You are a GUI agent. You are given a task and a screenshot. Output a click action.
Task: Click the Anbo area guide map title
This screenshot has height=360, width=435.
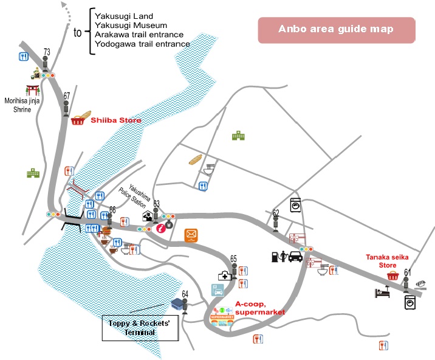click(336, 29)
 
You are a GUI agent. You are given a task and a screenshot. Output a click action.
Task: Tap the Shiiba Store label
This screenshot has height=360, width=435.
click(116, 120)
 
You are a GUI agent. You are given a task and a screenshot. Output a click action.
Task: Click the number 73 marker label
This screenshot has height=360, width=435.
click(47, 52)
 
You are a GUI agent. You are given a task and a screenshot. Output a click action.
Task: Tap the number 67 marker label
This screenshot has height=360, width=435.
click(67, 95)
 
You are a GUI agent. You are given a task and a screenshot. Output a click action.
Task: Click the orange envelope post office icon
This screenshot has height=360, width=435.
click(192, 234)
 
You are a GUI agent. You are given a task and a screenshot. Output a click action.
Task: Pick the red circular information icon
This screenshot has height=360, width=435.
click(160, 229)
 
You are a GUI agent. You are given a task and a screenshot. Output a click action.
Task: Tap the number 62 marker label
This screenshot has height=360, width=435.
click(276, 213)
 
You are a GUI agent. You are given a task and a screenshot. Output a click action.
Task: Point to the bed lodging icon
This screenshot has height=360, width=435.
click(381, 292)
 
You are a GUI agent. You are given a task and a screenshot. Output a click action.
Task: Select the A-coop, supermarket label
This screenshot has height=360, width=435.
click(259, 308)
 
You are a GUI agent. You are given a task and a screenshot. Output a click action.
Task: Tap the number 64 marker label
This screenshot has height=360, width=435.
click(185, 294)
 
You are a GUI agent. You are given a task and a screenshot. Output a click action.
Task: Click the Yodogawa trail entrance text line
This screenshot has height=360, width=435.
click(142, 44)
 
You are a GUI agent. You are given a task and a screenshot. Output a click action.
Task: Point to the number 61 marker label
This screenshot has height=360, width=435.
click(407, 272)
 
